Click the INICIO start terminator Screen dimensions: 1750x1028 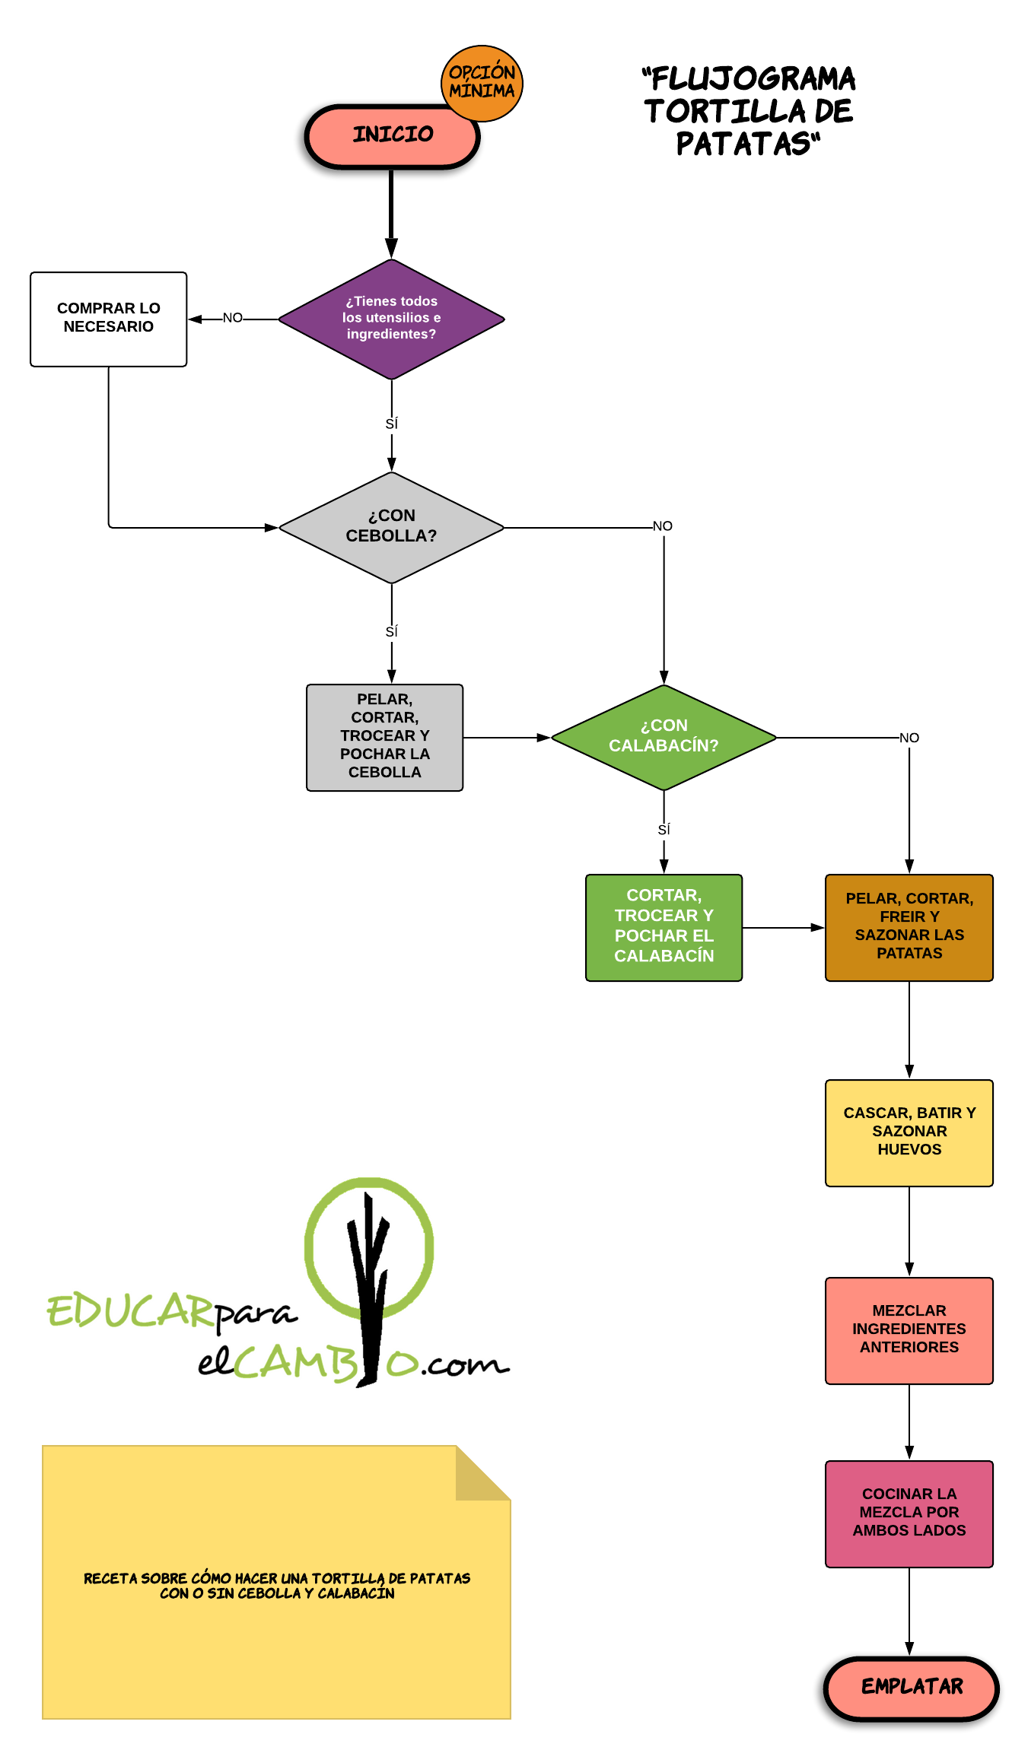click(x=391, y=136)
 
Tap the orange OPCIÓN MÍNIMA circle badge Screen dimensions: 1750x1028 click(x=482, y=82)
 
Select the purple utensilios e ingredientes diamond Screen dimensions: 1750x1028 click(x=391, y=319)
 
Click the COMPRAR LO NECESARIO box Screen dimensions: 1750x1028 click(x=108, y=319)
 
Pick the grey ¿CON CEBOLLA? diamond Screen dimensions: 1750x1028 click(x=391, y=527)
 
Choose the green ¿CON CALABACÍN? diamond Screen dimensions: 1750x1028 click(x=664, y=737)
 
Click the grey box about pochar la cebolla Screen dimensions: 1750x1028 click(x=384, y=737)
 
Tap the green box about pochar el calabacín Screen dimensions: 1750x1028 click(x=664, y=927)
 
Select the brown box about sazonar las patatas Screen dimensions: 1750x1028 click(x=909, y=927)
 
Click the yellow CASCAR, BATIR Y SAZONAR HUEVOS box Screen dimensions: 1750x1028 click(x=909, y=1132)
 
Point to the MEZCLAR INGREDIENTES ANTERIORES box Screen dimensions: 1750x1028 click(x=909, y=1330)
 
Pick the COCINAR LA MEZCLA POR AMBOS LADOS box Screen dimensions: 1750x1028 click(x=909, y=1513)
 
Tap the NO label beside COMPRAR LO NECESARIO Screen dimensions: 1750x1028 click(x=233, y=318)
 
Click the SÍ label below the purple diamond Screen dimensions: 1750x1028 click(x=391, y=424)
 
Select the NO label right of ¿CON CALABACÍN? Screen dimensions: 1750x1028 click(x=909, y=738)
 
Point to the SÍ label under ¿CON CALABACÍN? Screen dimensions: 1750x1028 click(x=664, y=830)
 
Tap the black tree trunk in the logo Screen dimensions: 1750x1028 click(x=369, y=1293)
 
